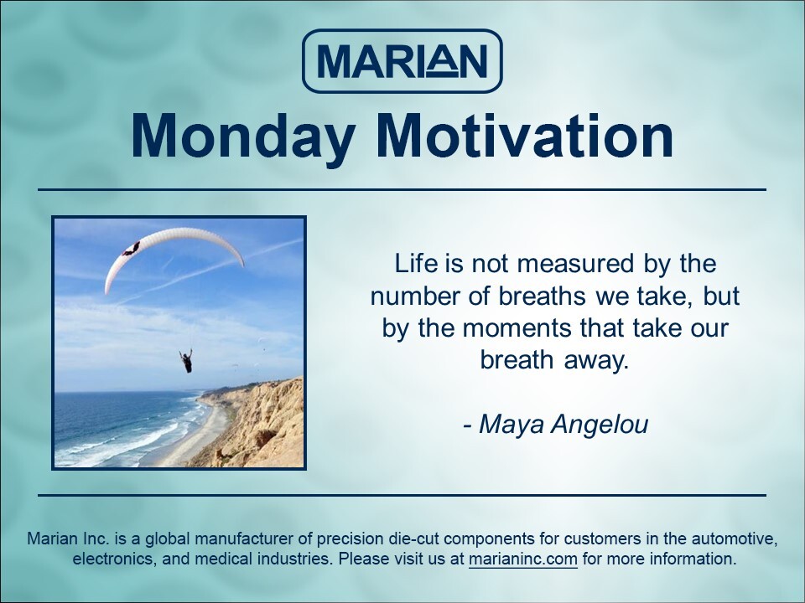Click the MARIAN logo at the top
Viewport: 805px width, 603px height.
point(402,60)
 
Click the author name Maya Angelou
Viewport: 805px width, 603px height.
point(563,425)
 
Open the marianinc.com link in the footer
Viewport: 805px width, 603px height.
point(523,559)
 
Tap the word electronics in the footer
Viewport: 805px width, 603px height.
point(112,559)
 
